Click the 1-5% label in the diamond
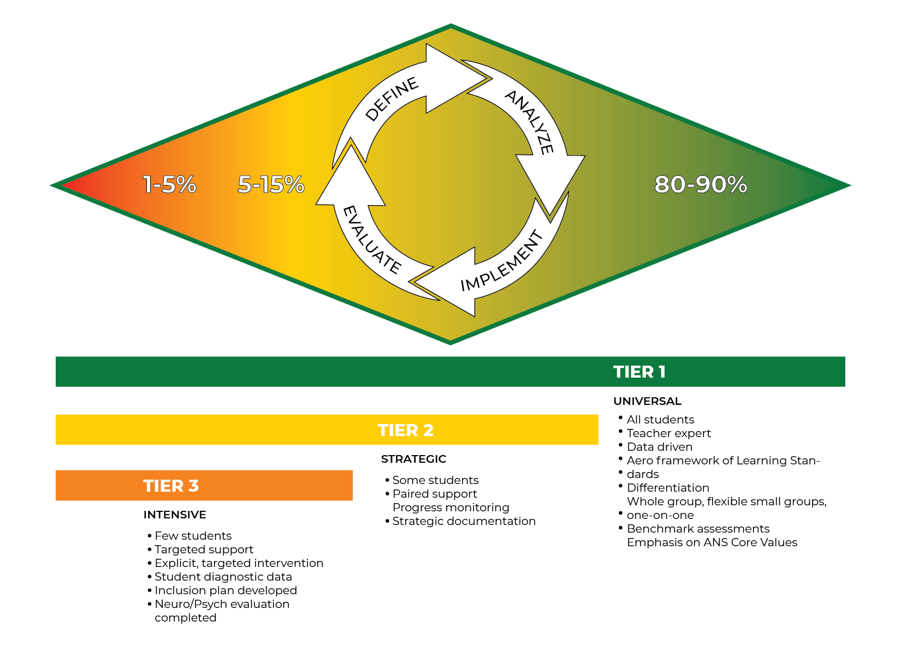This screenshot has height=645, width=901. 169,184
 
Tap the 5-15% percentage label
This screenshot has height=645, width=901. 271,184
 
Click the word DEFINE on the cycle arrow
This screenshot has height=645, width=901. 392,99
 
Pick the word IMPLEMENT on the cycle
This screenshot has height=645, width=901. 502,262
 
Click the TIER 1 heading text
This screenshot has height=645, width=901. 639,372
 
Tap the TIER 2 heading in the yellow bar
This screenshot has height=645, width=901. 405,430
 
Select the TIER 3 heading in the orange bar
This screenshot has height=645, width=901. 171,486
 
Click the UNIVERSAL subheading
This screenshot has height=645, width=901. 647,401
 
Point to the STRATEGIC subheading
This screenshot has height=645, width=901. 413,459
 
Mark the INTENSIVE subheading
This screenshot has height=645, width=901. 175,515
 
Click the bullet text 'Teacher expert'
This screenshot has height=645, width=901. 668,433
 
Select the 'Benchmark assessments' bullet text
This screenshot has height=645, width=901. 698,529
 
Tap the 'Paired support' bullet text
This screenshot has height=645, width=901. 435,494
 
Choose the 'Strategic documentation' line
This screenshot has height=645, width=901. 464,521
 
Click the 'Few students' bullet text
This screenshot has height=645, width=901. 193,536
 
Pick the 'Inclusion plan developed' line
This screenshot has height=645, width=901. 226,590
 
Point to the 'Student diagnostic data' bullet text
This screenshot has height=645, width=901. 223,577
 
